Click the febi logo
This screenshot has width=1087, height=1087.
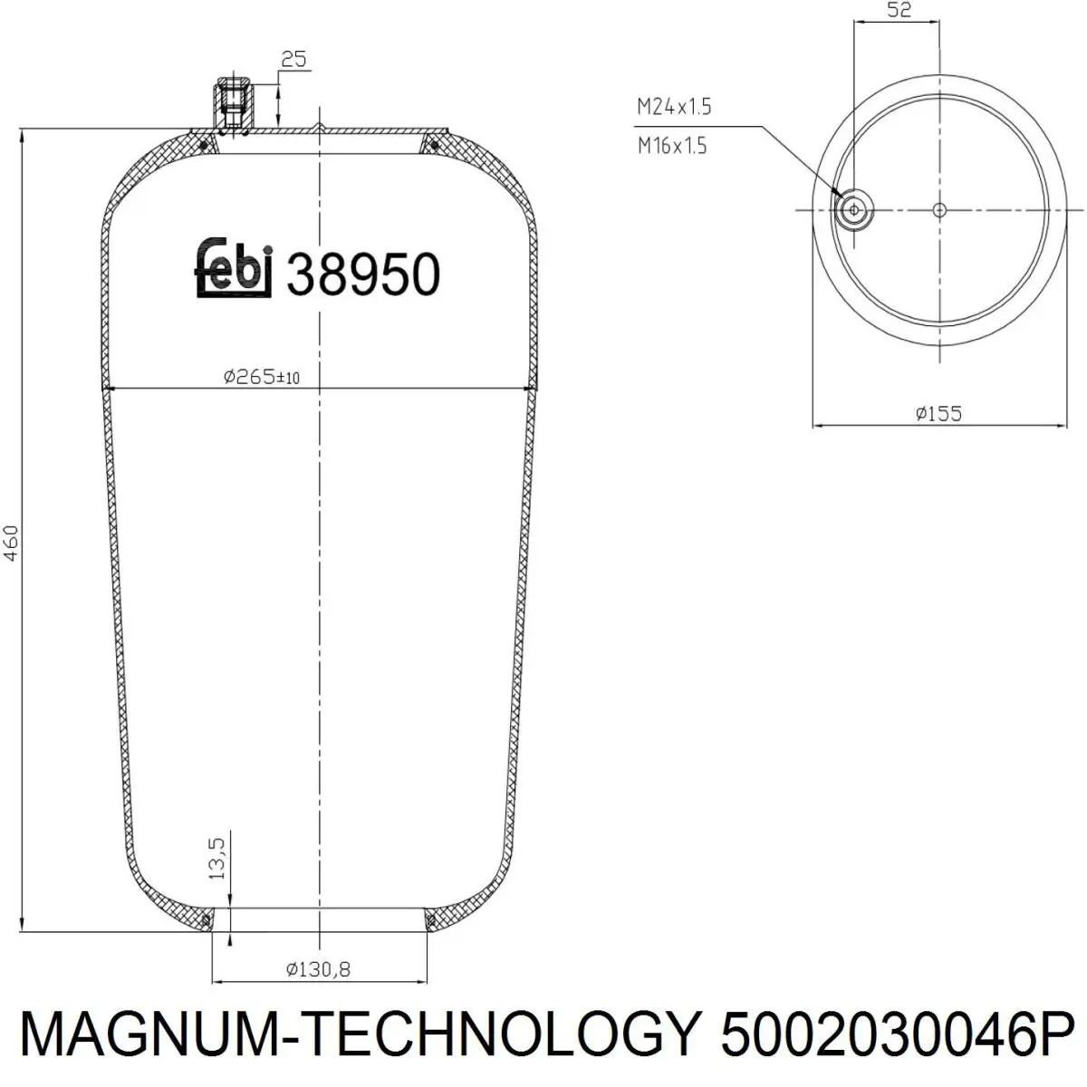(234, 268)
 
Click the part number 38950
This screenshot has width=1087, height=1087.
(363, 274)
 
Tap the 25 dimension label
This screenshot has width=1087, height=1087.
(293, 59)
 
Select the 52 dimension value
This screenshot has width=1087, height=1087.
(899, 10)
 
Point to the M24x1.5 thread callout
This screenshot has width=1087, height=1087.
(674, 106)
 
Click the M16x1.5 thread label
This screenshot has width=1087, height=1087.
(672, 146)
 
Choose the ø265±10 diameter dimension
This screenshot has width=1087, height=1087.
(261, 376)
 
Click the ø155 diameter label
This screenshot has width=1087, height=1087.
(938, 413)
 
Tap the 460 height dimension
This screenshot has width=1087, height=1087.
(11, 543)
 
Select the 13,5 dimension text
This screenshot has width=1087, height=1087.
(216, 858)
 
